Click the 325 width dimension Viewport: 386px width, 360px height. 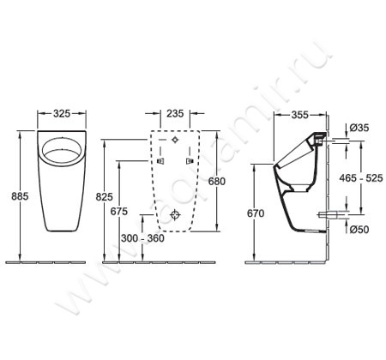click(62, 114)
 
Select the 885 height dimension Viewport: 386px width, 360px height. click(20, 196)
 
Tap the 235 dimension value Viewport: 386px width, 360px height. click(175, 114)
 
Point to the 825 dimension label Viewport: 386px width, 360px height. click(105, 197)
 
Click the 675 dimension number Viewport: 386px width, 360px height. click(119, 212)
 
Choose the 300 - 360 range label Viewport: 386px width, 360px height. click(142, 238)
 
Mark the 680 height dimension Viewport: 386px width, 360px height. click(216, 181)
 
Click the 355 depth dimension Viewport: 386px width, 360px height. click(300, 115)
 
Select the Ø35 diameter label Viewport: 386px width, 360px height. click(359, 128)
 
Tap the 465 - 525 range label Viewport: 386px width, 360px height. click(361, 178)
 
